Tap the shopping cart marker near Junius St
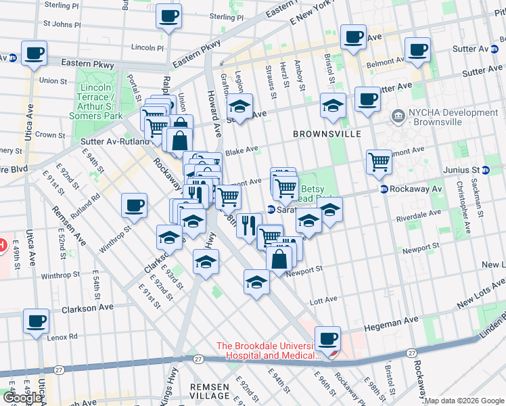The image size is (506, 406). (x=379, y=162)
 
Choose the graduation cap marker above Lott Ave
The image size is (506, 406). (x=257, y=281)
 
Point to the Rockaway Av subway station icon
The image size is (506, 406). (x=384, y=189)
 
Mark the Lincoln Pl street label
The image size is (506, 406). (x=147, y=48)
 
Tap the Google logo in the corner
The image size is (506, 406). (x=22, y=398)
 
